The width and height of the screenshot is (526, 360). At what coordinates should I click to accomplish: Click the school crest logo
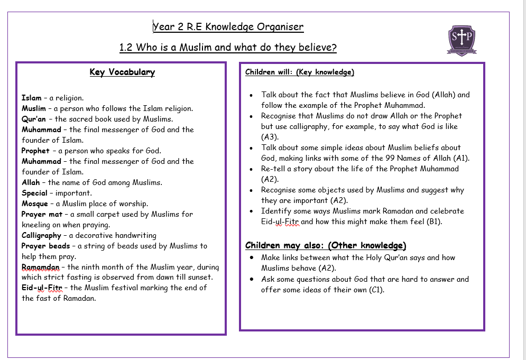tap(462, 39)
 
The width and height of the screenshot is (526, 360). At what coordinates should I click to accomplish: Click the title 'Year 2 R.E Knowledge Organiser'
tap(228, 27)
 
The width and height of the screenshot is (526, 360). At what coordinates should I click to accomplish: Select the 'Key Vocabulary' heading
tap(122, 72)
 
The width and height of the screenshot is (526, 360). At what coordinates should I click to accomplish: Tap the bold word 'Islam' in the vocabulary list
tap(31, 98)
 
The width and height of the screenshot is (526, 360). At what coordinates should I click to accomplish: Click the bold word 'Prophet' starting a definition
tap(36, 151)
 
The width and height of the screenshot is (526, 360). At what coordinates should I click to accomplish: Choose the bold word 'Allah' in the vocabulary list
tap(31, 182)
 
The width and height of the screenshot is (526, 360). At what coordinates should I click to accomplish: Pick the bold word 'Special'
tap(34, 193)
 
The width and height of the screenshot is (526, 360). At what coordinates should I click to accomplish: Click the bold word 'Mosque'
tap(35, 204)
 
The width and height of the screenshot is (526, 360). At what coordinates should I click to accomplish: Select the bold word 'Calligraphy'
tap(41, 235)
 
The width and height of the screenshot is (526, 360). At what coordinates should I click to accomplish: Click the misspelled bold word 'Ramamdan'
tap(41, 267)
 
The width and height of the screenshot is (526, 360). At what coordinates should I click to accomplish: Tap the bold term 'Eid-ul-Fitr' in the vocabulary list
tap(42, 288)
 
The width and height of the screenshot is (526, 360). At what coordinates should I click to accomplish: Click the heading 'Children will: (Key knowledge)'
tap(299, 72)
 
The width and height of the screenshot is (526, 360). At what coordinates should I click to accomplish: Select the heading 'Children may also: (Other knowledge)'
tap(326, 245)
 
